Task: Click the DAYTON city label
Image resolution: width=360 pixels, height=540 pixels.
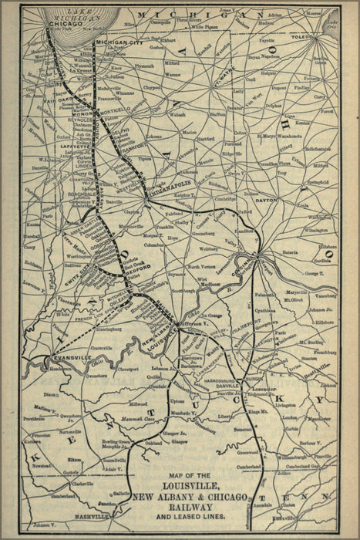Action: [265, 199]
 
